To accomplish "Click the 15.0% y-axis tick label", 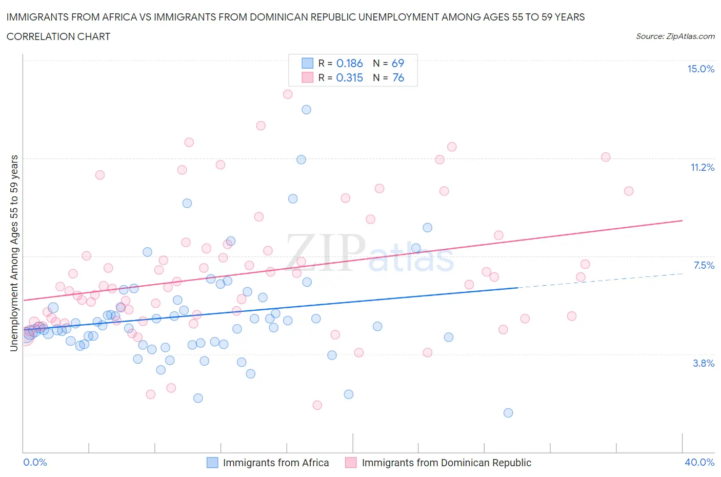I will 700,69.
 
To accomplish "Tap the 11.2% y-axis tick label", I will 702,167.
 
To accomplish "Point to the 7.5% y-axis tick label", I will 704,265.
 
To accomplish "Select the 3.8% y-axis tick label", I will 704,363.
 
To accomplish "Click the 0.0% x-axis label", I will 35,463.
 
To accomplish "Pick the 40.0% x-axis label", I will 699,463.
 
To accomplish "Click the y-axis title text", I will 14,253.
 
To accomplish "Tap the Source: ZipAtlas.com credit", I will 675,36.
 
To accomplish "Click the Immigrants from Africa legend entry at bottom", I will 275,463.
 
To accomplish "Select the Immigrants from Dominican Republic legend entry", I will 446,463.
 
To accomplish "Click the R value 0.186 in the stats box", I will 349,63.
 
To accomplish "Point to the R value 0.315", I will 349,77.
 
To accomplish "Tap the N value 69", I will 398,63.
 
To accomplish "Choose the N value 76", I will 398,77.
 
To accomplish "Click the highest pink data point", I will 288,94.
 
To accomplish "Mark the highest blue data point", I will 306,109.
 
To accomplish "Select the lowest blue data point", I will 508,413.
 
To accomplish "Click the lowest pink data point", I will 317,405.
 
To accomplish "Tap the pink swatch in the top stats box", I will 307,77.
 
